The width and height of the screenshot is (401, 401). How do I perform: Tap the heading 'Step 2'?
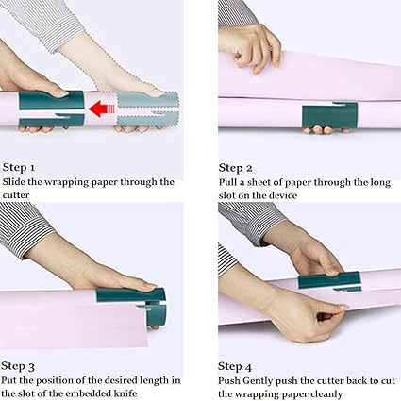[x=236, y=166]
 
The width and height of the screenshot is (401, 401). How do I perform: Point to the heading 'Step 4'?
[x=236, y=365]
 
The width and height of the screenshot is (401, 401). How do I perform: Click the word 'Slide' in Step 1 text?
[x=16, y=181]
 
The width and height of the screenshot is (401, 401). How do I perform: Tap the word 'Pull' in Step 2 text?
[x=229, y=181]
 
